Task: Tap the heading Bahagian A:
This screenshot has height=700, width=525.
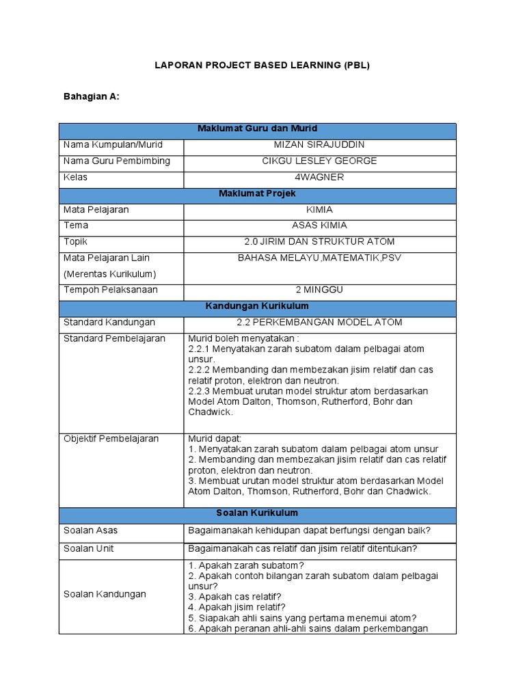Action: tap(91, 96)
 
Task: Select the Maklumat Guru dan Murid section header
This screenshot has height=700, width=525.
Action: tap(257, 129)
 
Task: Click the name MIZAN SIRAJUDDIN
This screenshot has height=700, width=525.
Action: tap(319, 145)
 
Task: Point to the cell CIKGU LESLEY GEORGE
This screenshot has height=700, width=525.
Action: tap(319, 161)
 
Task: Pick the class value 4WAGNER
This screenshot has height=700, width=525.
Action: tap(319, 178)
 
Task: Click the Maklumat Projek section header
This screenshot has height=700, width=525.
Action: tap(257, 194)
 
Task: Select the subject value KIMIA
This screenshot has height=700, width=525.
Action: tap(319, 210)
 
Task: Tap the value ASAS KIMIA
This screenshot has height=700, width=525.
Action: tap(319, 226)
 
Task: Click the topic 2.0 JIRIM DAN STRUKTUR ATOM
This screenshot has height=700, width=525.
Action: tap(319, 242)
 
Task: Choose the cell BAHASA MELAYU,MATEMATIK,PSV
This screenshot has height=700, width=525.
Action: tap(319, 258)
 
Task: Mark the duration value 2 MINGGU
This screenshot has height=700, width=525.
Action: tap(319, 290)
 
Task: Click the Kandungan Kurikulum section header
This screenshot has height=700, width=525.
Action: tap(257, 306)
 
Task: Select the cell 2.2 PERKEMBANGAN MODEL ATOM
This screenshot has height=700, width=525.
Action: tap(319, 323)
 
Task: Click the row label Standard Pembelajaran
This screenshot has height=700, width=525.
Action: tap(114, 339)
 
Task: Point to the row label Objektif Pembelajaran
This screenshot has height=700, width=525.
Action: tap(111, 439)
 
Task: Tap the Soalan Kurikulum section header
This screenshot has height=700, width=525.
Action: tap(257, 513)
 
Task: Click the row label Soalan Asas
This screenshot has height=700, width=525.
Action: tap(90, 530)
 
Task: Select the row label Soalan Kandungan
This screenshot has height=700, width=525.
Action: tap(105, 594)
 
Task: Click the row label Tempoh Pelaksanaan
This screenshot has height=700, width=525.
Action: tap(110, 290)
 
